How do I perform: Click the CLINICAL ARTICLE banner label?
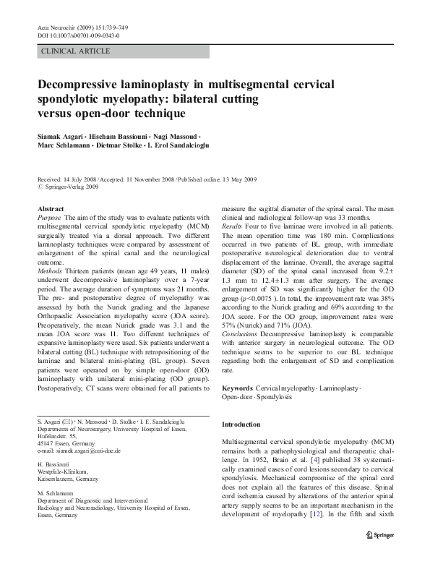click(77, 51)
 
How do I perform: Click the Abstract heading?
click(50, 208)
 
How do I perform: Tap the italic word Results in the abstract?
click(233, 226)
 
